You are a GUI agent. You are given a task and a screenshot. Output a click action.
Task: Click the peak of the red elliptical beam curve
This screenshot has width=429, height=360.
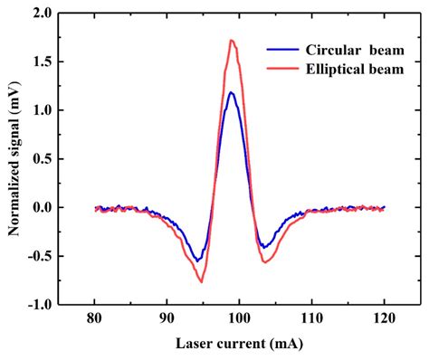[x=233, y=41]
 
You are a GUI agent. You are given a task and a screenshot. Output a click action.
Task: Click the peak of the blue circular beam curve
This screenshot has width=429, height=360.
[x=232, y=92]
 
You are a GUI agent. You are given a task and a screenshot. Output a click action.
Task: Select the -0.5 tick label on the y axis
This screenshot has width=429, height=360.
[x=37, y=256]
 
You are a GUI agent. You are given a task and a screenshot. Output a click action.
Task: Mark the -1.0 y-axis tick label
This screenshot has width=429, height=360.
[x=37, y=305]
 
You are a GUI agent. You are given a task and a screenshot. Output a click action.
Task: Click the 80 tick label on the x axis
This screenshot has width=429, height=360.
[x=94, y=319]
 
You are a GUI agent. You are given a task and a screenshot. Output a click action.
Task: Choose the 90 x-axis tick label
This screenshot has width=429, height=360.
[x=167, y=319]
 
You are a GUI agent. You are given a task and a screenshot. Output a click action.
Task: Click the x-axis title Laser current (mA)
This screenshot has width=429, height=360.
[x=238, y=345]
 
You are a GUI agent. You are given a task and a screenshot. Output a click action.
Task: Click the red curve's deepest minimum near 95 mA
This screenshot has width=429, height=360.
[x=201, y=282]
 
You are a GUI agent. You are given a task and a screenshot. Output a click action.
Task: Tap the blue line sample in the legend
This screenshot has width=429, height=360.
[x=281, y=50]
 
